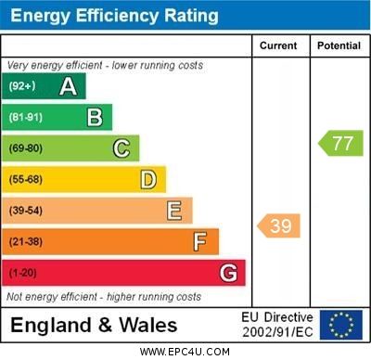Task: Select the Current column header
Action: click(278, 45)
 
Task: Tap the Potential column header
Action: click(339, 45)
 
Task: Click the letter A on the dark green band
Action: click(68, 86)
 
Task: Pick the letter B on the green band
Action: click(95, 117)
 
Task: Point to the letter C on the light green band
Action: click(122, 148)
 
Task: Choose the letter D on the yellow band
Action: click(148, 179)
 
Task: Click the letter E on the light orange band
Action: click(173, 211)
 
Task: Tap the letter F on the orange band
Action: click(199, 242)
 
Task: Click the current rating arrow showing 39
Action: click(278, 225)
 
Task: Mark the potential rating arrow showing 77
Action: click(340, 143)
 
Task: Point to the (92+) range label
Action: click(22, 86)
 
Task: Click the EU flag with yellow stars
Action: click(341, 325)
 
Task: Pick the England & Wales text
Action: click(94, 325)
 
